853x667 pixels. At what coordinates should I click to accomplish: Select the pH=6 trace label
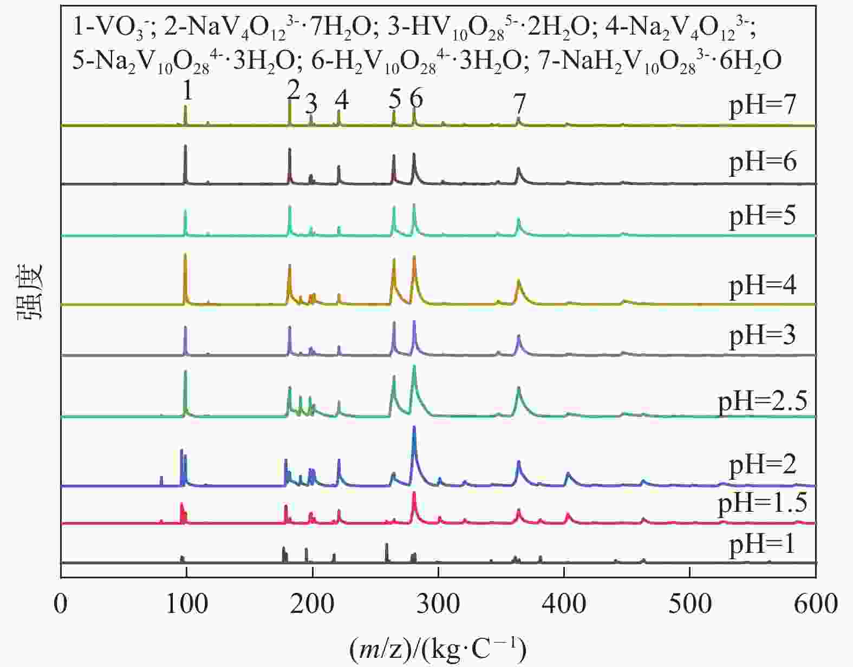point(763,162)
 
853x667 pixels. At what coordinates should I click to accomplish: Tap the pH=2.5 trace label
point(763,401)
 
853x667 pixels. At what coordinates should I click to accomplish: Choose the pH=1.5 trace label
point(763,503)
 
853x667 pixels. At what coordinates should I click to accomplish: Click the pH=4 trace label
point(763,285)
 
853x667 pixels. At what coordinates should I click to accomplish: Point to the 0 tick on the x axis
point(61,604)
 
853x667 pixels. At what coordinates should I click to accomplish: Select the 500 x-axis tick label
point(690,604)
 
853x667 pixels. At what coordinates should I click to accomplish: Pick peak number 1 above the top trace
point(187,91)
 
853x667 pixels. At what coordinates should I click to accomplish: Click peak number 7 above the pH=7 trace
point(519,103)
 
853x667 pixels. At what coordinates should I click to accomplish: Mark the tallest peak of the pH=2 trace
point(414,427)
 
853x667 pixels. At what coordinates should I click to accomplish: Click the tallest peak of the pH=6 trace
point(186,146)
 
